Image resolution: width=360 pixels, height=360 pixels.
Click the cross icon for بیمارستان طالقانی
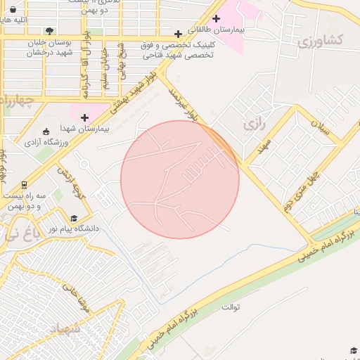tap(216, 18)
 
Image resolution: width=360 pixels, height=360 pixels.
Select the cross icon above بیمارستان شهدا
tap(85, 117)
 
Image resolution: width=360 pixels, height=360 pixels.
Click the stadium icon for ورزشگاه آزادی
tap(46, 131)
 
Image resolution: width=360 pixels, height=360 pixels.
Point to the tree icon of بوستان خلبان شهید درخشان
tap(49, 31)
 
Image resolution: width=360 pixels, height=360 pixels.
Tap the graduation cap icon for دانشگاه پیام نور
tap(75, 218)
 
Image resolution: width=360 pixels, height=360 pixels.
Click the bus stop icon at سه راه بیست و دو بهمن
tap(25, 186)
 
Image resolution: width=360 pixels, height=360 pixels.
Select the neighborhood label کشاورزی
tap(320, 40)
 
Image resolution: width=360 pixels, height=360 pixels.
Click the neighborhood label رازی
tap(255, 124)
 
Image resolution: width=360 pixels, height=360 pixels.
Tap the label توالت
tap(231, 307)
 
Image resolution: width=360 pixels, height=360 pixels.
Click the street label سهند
tap(264, 147)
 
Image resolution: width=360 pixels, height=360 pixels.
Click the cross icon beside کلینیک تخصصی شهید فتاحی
tap(178, 34)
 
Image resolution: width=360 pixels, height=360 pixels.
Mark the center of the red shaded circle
tap(180, 179)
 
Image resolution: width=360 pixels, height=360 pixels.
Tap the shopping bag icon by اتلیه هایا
tap(11, 9)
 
